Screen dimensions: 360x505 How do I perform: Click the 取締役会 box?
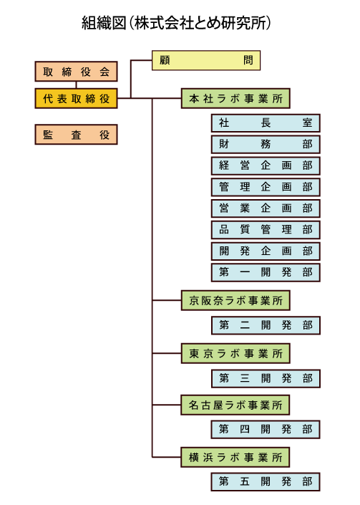click(x=77, y=72)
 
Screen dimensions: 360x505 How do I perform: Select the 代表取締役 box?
click(x=77, y=99)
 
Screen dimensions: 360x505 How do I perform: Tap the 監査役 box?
click(x=77, y=135)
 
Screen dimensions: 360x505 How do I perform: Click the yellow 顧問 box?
click(x=206, y=60)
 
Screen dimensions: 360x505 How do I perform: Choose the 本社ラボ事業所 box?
click(x=235, y=99)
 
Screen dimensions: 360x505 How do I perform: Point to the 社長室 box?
click(x=266, y=123)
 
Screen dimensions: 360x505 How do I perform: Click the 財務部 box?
click(x=266, y=144)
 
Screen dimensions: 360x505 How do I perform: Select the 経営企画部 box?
click(x=266, y=165)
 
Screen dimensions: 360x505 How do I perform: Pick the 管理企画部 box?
click(x=266, y=187)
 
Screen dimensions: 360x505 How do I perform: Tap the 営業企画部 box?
click(x=266, y=208)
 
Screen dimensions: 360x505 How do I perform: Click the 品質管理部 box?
click(x=266, y=230)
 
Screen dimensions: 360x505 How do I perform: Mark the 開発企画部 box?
click(x=266, y=251)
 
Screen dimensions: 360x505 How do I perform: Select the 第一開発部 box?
click(x=266, y=272)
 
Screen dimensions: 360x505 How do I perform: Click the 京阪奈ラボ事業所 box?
click(x=235, y=300)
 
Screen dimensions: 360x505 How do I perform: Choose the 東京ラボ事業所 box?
click(x=235, y=353)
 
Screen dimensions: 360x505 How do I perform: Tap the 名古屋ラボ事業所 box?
click(x=235, y=405)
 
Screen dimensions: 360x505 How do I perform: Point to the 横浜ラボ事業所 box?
click(x=235, y=457)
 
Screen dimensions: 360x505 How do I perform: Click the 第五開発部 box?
click(x=266, y=482)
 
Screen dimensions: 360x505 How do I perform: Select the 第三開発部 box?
click(x=266, y=378)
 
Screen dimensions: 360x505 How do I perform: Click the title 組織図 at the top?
click(x=104, y=23)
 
